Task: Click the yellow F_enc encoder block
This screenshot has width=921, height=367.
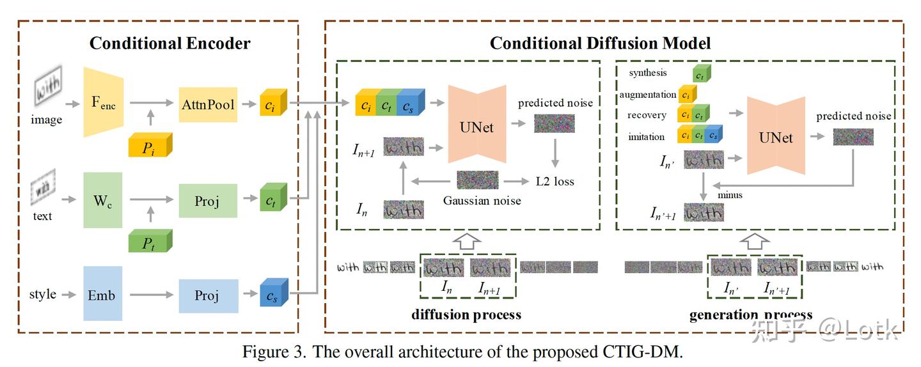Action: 103,103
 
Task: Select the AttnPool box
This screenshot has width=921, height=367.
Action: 208,105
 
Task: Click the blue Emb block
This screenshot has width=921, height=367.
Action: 102,294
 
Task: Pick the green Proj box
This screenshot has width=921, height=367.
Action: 208,201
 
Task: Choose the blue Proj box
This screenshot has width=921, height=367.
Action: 208,295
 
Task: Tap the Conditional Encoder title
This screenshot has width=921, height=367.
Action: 170,43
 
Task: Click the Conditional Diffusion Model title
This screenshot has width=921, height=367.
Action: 600,43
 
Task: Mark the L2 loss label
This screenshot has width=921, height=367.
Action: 555,182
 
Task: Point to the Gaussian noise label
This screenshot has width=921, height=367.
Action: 482,201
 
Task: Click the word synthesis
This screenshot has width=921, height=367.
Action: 647,73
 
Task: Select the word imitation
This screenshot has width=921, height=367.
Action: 646,137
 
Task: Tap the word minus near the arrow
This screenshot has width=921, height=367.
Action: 730,194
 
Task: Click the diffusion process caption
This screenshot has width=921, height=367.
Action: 466,315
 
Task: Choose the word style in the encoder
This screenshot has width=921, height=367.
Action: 43,295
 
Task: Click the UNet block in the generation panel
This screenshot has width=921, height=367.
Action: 775,137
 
